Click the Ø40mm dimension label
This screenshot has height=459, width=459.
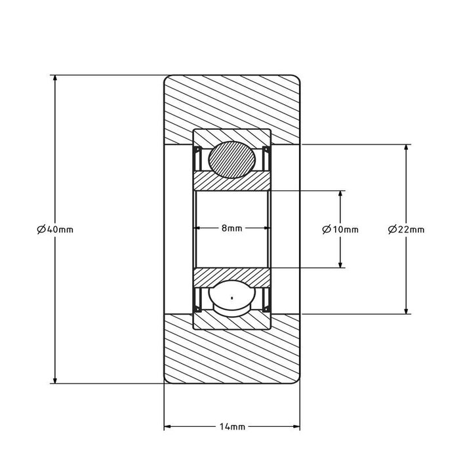(55, 229)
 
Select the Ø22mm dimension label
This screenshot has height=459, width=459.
(406, 229)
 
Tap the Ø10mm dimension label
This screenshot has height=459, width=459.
(340, 229)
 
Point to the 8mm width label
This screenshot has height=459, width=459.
(232, 228)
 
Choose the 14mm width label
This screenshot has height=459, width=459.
(232, 427)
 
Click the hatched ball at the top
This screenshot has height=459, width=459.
(232, 159)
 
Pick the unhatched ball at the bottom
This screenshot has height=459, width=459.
(232, 298)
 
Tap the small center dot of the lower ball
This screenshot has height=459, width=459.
(232, 298)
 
